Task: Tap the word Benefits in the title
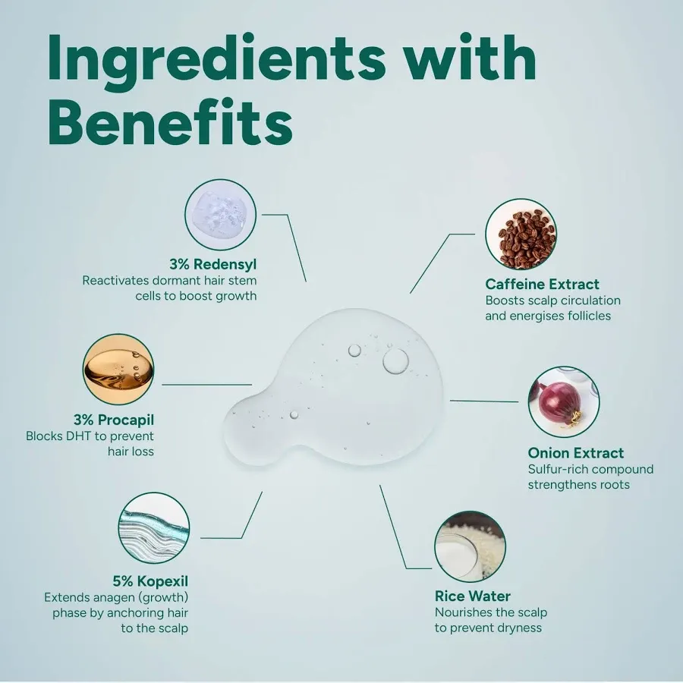(170, 121)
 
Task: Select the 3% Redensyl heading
(213, 264)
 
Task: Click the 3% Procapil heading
(114, 420)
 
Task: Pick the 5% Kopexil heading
(150, 581)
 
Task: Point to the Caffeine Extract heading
(543, 284)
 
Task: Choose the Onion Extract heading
(576, 453)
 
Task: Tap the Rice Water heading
(473, 596)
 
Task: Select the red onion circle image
(564, 402)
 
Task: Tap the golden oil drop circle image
(118, 370)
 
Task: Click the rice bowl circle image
(471, 546)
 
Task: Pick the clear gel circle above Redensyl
(220, 215)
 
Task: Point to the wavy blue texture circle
(154, 528)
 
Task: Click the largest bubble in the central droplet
(395, 361)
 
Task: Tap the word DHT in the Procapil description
(77, 436)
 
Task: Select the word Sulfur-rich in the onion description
(558, 469)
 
